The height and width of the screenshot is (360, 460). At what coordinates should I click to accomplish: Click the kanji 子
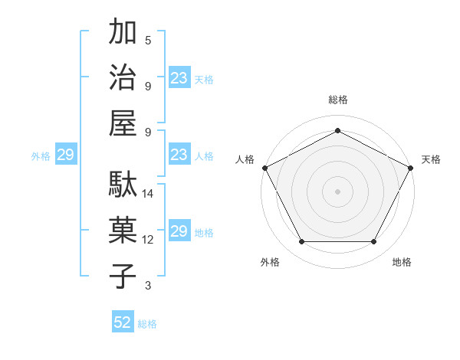pos(123,277)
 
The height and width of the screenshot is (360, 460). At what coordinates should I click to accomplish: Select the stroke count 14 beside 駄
pos(148,194)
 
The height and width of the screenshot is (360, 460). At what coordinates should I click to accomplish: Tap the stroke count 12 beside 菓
pos(148,240)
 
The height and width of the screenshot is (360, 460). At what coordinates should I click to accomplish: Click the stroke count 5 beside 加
pos(148,40)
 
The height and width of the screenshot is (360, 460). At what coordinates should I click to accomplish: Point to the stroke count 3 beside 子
pos(148,286)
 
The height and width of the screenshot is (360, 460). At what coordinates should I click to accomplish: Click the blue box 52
pos(123,322)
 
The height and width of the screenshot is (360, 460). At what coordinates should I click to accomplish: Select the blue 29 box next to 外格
pos(65,155)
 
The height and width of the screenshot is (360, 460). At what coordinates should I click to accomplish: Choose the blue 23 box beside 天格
pos(179,78)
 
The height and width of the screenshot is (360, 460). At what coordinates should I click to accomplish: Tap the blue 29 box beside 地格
pos(179,231)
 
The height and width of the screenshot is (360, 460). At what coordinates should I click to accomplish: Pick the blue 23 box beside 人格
pos(179,155)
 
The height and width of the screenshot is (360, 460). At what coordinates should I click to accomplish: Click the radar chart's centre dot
pos(337,191)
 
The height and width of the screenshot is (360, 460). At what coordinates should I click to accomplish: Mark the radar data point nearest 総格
pos(337,130)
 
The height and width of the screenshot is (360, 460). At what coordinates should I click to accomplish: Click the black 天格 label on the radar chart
pos(431,159)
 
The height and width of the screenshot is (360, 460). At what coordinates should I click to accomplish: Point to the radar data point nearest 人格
pos(264,167)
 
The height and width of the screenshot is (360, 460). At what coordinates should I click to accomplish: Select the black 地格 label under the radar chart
pos(402,262)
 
